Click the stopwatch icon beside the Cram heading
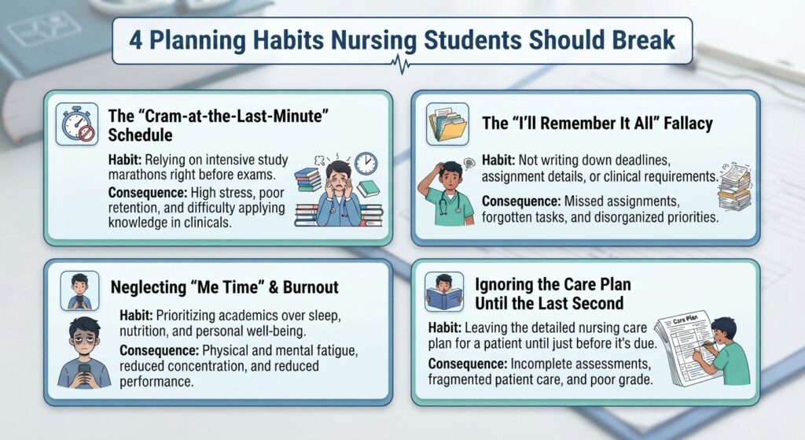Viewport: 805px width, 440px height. (x=77, y=124)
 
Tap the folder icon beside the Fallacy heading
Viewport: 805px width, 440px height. (x=447, y=124)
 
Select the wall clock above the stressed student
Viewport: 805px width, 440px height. (x=366, y=164)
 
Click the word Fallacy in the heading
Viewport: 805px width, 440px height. (x=688, y=124)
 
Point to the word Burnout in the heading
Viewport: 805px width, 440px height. (x=311, y=287)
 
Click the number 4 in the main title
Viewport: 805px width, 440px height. (x=135, y=40)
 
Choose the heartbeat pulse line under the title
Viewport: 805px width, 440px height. (x=402, y=65)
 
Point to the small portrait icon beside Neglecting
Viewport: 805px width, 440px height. (x=79, y=291)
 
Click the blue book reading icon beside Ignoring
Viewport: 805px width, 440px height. (x=444, y=291)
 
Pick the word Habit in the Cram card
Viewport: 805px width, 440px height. (x=125, y=160)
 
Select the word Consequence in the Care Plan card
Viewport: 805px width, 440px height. (x=468, y=364)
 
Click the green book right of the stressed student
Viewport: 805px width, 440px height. (x=368, y=189)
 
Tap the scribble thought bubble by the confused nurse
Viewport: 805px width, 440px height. (x=469, y=164)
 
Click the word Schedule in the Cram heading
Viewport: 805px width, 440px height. (x=140, y=135)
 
